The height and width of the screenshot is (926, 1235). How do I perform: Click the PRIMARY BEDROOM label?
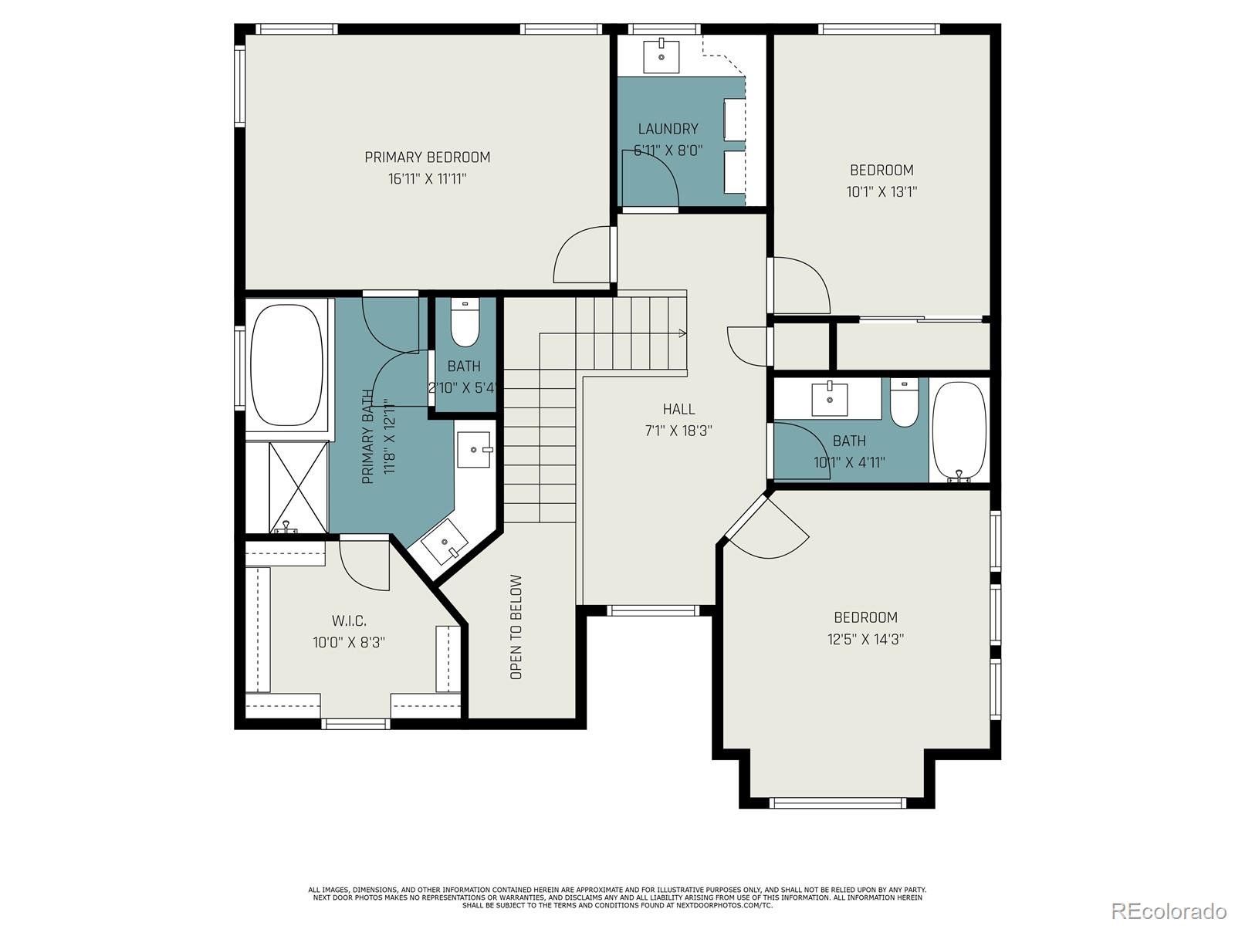coord(427,157)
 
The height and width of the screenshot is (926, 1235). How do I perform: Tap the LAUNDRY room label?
coord(668,129)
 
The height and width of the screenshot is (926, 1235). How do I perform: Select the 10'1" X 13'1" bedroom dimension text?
coord(881,191)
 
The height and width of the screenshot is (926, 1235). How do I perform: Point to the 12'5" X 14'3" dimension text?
coord(865,639)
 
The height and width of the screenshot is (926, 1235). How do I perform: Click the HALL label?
coord(678,409)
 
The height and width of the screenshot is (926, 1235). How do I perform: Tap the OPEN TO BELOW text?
coord(516,627)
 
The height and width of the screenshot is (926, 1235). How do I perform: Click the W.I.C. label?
coord(349,620)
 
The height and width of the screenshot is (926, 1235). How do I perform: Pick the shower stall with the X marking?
coord(297,487)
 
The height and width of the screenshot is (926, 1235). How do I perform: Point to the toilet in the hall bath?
coord(904,402)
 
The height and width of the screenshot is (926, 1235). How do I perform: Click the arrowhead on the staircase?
coord(682,333)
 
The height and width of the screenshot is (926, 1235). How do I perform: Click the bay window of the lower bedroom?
coord(837,803)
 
